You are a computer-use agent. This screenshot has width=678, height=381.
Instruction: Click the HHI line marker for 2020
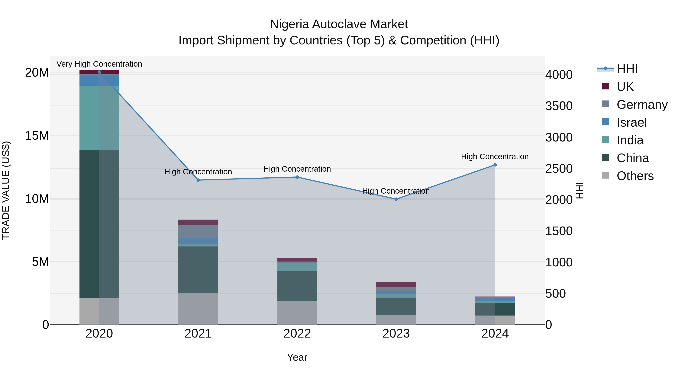(99, 72)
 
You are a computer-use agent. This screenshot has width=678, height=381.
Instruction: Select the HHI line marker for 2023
(396, 199)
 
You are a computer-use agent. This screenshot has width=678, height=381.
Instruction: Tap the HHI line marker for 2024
(495, 165)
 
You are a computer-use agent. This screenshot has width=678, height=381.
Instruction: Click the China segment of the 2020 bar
(99, 224)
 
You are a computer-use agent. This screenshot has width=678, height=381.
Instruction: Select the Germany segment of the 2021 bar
(198, 231)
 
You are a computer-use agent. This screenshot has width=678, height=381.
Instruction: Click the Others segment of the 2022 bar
(297, 313)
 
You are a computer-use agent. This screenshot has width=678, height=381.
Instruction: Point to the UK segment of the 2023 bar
(396, 284)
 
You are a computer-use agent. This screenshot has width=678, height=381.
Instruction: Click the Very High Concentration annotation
(99, 64)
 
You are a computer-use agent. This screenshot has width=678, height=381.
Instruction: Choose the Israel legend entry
(631, 122)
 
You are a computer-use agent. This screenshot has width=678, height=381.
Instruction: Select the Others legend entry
(635, 176)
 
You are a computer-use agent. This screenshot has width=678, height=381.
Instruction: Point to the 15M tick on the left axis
(37, 136)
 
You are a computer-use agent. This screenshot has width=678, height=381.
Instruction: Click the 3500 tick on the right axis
(559, 106)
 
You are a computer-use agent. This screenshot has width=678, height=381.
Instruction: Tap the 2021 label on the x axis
(198, 334)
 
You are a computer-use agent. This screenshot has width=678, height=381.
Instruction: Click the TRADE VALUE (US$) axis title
(6, 190)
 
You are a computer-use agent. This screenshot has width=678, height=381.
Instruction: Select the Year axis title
(297, 357)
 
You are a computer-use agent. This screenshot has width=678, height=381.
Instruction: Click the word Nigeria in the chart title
(289, 24)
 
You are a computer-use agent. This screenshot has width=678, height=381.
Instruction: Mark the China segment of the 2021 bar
(198, 269)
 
